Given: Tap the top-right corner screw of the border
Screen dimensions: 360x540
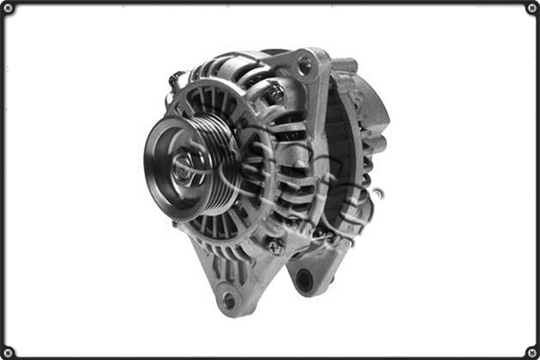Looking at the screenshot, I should (532, 8).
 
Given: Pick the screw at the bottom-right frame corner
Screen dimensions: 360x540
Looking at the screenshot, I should (532, 352).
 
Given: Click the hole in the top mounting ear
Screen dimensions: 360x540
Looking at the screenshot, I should (304, 65).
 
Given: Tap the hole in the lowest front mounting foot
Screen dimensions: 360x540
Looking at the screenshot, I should (229, 299).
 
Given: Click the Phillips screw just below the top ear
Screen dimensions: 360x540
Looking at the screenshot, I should (276, 92).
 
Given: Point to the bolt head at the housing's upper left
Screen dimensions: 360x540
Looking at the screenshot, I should (175, 79).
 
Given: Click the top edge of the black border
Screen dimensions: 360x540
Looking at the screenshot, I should (270, 3).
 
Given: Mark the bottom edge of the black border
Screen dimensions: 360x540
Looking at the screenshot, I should (270, 356).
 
